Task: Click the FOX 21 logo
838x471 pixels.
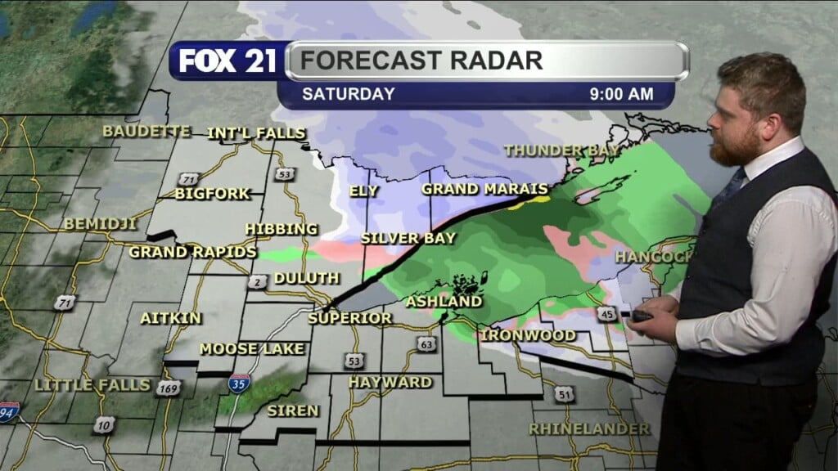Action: click(228, 61)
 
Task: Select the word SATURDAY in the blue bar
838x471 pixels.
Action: click(349, 94)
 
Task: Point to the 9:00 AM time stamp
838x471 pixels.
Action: click(622, 94)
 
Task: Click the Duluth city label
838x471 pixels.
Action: click(306, 278)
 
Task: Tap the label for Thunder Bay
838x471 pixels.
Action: click(556, 150)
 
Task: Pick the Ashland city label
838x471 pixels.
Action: click(444, 302)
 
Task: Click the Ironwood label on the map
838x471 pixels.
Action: click(516, 335)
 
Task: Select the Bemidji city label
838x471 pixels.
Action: click(100, 223)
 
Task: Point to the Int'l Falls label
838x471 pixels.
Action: click(256, 133)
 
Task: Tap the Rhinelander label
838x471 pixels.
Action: click(589, 428)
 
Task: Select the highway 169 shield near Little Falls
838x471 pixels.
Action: click(169, 388)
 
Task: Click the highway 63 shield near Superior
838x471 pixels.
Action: click(426, 344)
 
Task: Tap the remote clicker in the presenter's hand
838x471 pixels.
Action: click(641, 316)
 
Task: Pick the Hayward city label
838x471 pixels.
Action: click(390, 382)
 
